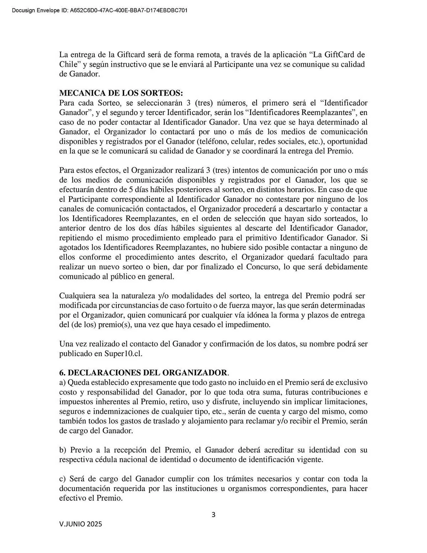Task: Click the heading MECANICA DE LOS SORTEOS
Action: (121, 93)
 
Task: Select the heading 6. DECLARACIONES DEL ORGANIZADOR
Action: (144, 372)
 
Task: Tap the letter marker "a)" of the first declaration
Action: (62, 382)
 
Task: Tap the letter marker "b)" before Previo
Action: (62, 450)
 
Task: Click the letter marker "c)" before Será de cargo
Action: (62, 479)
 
